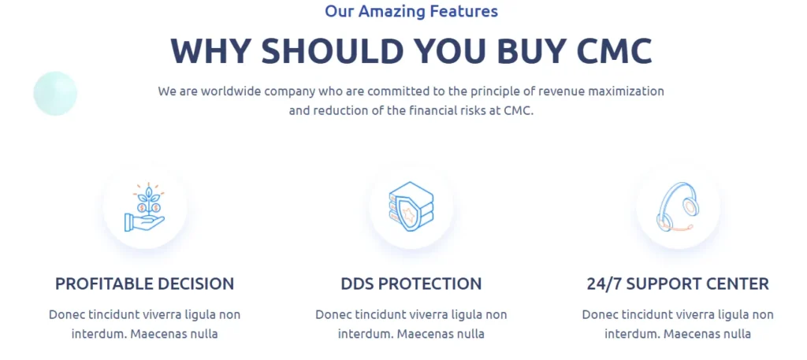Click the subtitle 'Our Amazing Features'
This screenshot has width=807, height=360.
pyautogui.click(x=411, y=11)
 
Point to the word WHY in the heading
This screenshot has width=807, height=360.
pyautogui.click(x=210, y=51)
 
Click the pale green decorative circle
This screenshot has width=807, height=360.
pyautogui.click(x=55, y=94)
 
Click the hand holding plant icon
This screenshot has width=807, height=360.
pyautogui.click(x=145, y=206)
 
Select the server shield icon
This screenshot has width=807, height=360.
pyautogui.click(x=411, y=206)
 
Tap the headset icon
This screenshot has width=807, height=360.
pyautogui.click(x=677, y=206)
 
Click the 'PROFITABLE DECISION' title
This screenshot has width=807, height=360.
pyautogui.click(x=145, y=284)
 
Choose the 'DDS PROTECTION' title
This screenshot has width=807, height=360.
pyautogui.click(x=411, y=284)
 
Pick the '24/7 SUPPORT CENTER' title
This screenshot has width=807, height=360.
pyautogui.click(x=678, y=284)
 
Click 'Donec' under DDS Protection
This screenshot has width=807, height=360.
pyautogui.click(x=330, y=314)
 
